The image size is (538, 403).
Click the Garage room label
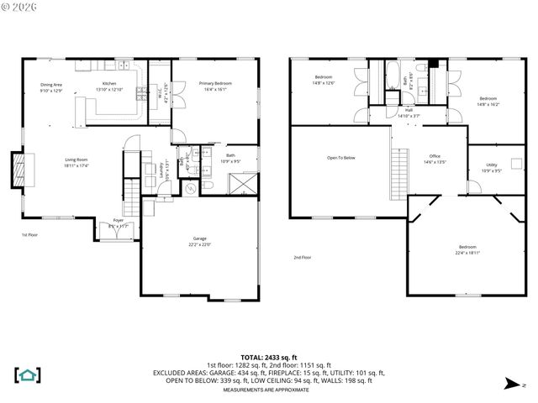coord(200,241)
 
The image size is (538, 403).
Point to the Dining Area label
coord(51,86)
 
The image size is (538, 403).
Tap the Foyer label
coord(118,222)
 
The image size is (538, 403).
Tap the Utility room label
coord(492,166)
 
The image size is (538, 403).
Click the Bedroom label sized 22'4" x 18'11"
coord(467,249)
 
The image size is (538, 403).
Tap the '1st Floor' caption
coord(29,235)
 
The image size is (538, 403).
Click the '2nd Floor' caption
coord(303,257)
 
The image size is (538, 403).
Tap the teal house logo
coord(28,374)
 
